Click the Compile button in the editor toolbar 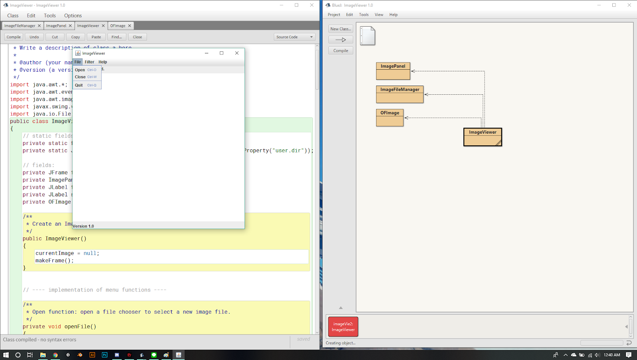[14, 37]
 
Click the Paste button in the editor [96, 37]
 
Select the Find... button [117, 37]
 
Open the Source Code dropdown [295, 37]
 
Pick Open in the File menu [80, 70]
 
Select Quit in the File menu [79, 85]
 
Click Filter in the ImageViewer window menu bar [90, 62]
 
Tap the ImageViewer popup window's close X [237, 53]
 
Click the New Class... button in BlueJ [340, 29]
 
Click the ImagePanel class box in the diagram [393, 71]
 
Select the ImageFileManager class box [400, 94]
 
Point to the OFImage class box [390, 117]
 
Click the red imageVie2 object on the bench [343, 327]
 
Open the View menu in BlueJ [379, 15]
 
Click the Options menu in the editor [73, 16]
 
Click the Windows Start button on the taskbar [6, 355]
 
